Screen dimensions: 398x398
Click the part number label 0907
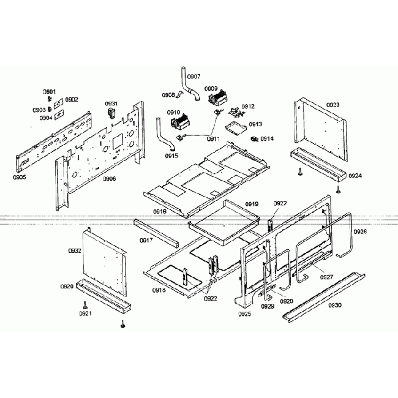(x=193, y=77)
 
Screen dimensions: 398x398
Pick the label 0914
(x=267, y=139)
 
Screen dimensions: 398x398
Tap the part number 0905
(x=19, y=177)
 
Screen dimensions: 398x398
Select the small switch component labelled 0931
(x=111, y=114)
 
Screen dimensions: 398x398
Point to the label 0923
(x=332, y=105)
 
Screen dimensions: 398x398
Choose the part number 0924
(x=355, y=176)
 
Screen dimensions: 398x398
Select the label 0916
(x=160, y=211)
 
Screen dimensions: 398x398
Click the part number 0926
(x=360, y=231)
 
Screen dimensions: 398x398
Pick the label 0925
(x=245, y=314)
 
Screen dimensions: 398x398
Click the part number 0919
(x=252, y=203)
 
